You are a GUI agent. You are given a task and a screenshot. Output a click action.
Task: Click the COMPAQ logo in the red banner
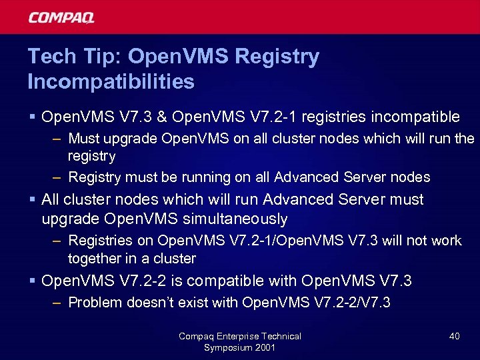pyautogui.click(x=61, y=17)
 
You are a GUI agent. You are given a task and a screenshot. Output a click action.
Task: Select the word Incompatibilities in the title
pyautogui.click(x=111, y=82)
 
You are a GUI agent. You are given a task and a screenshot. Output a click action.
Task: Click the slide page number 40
pyautogui.click(x=454, y=336)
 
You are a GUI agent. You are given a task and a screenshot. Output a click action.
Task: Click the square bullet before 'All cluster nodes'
pyautogui.click(x=33, y=199)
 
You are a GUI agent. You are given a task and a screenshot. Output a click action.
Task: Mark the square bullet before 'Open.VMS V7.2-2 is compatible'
pyautogui.click(x=33, y=281)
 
